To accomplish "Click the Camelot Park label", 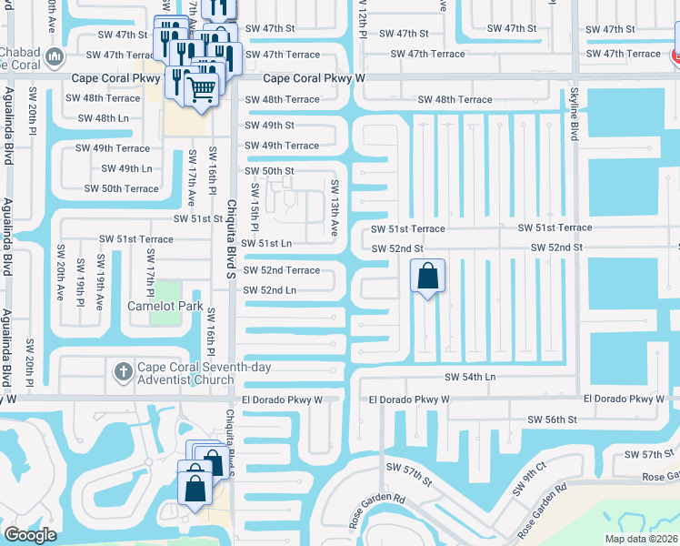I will pyautogui.click(x=165, y=306).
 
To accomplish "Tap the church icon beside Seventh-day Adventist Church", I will pyautogui.click(x=124, y=371).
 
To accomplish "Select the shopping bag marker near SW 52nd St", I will pyautogui.click(x=427, y=277).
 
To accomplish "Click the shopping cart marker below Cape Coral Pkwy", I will pyautogui.click(x=202, y=89).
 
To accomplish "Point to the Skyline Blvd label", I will pyautogui.click(x=574, y=115).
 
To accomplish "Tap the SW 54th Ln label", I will pyautogui.click(x=470, y=377).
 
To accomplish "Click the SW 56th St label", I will pyautogui.click(x=552, y=420).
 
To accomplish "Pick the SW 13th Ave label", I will pyautogui.click(x=334, y=219).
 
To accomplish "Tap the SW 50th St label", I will pyautogui.click(x=269, y=171).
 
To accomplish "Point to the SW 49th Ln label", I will pyautogui.click(x=126, y=168).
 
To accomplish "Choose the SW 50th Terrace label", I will pyautogui.click(x=121, y=188).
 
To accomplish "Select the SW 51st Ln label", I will pyautogui.click(x=268, y=243).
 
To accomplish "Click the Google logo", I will pyautogui.click(x=30, y=535).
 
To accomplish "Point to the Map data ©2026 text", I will pyautogui.click(x=641, y=539).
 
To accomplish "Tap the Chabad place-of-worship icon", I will pyautogui.click(x=55, y=56).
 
